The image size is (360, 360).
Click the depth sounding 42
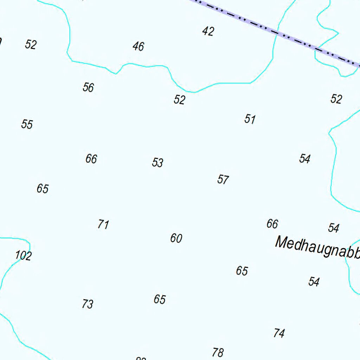click(x=208, y=32)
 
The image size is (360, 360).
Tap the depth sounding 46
click(x=139, y=46)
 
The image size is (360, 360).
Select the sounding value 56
click(x=88, y=87)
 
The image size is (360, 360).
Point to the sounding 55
click(x=27, y=124)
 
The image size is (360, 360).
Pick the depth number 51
click(x=250, y=119)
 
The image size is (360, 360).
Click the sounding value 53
click(x=157, y=163)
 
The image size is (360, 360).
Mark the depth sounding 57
click(x=223, y=180)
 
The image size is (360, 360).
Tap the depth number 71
click(x=103, y=224)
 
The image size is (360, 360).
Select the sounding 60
click(x=176, y=238)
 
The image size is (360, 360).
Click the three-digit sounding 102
click(x=24, y=256)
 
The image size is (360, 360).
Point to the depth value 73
click(x=88, y=304)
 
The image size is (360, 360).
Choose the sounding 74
click(x=279, y=333)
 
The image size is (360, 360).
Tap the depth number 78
click(x=218, y=352)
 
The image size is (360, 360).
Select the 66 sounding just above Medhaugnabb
click(x=272, y=224)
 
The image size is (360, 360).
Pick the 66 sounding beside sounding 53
click(x=91, y=159)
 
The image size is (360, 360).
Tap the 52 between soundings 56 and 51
click(x=179, y=100)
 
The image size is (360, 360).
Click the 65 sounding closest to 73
click(x=160, y=300)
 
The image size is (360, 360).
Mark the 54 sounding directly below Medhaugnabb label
click(x=314, y=282)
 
